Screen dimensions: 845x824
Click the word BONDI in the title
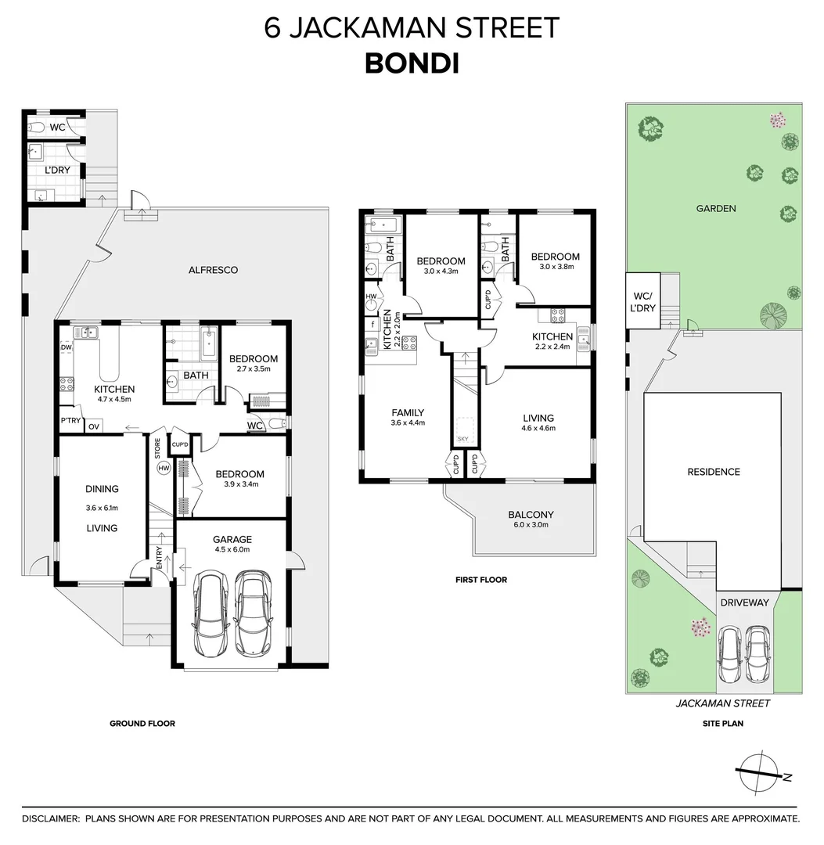(412, 64)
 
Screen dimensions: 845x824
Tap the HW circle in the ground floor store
(164, 468)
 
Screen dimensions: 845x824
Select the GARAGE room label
(232, 539)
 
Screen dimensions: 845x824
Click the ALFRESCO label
(213, 270)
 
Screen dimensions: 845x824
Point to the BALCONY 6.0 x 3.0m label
(531, 520)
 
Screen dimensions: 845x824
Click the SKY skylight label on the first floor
(462, 439)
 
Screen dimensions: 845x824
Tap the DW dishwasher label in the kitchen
(67, 349)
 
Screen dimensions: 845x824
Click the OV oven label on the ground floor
(93, 426)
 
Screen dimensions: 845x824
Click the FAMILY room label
(408, 413)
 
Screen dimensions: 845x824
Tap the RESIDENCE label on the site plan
(713, 472)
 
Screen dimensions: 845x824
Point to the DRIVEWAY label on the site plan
(744, 602)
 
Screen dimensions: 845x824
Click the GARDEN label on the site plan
(716, 208)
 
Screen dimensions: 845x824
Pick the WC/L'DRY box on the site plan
(642, 300)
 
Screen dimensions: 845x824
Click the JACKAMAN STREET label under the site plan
(722, 703)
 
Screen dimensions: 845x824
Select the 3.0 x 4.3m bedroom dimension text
(440, 271)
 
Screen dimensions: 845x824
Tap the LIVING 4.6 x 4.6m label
(538, 422)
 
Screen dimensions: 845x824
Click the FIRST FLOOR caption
(481, 580)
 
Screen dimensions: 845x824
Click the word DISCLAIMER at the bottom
(51, 818)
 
